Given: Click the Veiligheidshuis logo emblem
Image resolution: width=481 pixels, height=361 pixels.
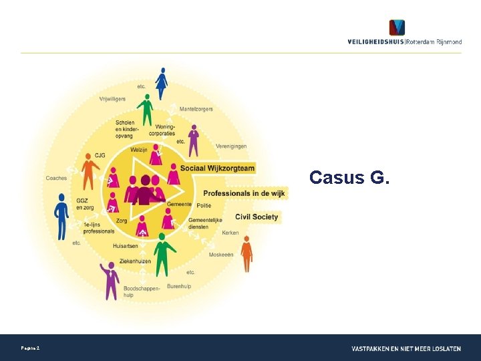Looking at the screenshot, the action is click(x=397, y=28).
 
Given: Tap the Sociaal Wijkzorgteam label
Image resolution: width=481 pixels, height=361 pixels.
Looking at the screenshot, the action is click(x=216, y=168).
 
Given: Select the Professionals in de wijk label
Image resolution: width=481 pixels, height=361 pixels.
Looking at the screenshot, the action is click(x=244, y=193).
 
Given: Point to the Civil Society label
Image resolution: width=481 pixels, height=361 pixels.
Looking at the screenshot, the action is click(x=257, y=217).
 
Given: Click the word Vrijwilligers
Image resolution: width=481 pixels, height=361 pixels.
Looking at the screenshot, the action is click(x=112, y=99).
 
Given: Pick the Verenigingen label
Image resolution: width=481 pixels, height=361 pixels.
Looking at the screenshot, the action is click(x=231, y=146).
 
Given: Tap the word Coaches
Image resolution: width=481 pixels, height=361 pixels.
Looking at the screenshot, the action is click(x=56, y=178).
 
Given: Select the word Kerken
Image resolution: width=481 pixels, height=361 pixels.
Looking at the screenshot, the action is click(x=230, y=233).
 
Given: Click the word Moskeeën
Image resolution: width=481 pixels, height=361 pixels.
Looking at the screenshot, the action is click(x=221, y=255).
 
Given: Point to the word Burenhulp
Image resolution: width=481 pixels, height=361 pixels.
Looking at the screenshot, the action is click(x=179, y=285).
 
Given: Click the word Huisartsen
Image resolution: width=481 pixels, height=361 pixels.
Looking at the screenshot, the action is click(x=126, y=246).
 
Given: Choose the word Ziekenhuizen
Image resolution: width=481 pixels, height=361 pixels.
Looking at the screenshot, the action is click(x=135, y=261).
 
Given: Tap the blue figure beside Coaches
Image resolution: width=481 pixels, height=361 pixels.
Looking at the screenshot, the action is click(x=61, y=215).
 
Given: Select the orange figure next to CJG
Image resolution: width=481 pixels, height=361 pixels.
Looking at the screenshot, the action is click(x=89, y=171).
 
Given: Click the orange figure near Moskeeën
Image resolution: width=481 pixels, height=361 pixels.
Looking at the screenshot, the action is click(x=247, y=253).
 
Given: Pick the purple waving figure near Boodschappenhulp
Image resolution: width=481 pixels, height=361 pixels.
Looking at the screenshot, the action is click(x=111, y=279).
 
